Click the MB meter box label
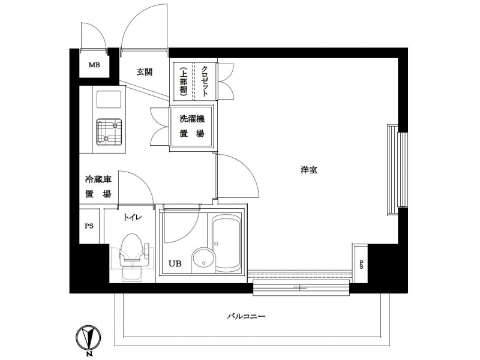click(94, 65)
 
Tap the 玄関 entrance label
click(144, 72)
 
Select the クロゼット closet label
click(205, 81)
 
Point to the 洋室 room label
click(308, 170)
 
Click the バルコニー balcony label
click(246, 316)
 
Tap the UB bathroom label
click(175, 263)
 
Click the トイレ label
click(133, 217)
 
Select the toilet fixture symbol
click(133, 257)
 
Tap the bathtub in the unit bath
click(227, 243)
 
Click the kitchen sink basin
click(109, 100)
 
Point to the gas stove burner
click(109, 132)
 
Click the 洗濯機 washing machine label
click(191, 119)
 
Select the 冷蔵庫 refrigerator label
click(98, 179)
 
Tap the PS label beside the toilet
click(89, 226)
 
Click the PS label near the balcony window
click(361, 265)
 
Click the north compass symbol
click(88, 338)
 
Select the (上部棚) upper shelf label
click(183, 81)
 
